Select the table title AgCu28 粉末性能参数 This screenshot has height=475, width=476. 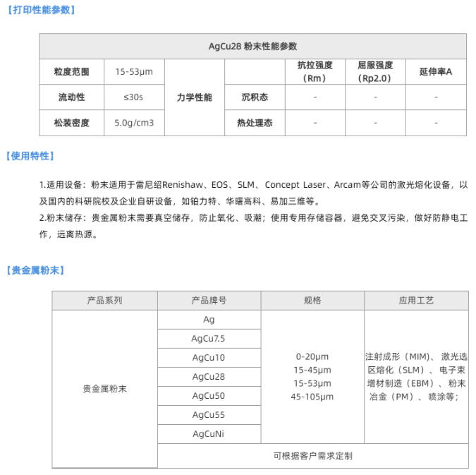coord(252,47)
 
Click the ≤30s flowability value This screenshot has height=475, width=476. coord(133,97)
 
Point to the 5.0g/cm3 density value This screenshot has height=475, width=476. coord(134,123)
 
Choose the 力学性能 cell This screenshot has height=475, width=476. coord(194,97)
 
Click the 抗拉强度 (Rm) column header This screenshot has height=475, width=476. coord(315,72)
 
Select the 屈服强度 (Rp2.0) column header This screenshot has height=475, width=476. coord(374,72)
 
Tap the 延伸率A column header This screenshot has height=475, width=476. coord(435,72)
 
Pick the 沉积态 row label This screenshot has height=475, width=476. coord(255,97)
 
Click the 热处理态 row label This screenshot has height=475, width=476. coord(255,123)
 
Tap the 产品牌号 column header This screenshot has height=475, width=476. coord(209,300)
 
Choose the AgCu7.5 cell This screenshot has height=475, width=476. coord(209,339)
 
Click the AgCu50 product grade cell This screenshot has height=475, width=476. coord(209,396)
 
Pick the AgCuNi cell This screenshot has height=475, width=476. coord(209,434)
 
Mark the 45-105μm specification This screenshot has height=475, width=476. coord(312,397)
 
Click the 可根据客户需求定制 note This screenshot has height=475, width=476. coord(312,456)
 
